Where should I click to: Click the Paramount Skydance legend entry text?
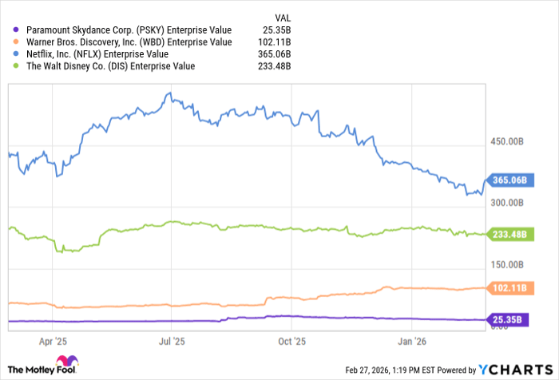(123, 30)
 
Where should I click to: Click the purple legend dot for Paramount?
(16, 30)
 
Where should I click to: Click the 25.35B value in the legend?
(275, 30)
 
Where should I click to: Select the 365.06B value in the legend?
(272, 53)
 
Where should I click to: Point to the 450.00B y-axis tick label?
(508, 142)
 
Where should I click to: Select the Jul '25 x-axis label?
(172, 340)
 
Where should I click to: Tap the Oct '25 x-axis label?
(291, 340)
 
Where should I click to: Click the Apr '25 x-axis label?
(52, 340)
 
